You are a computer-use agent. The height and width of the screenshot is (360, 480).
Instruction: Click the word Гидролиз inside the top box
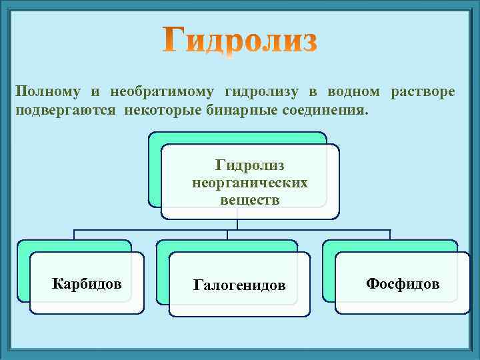[250, 165]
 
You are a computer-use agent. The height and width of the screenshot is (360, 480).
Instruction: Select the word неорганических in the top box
[250, 182]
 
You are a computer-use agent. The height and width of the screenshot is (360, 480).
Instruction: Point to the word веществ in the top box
[250, 199]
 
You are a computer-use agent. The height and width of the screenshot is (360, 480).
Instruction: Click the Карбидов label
[87, 285]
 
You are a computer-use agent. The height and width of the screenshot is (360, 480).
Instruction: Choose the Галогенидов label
[239, 285]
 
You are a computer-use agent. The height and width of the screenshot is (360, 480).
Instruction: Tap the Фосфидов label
[403, 284]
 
